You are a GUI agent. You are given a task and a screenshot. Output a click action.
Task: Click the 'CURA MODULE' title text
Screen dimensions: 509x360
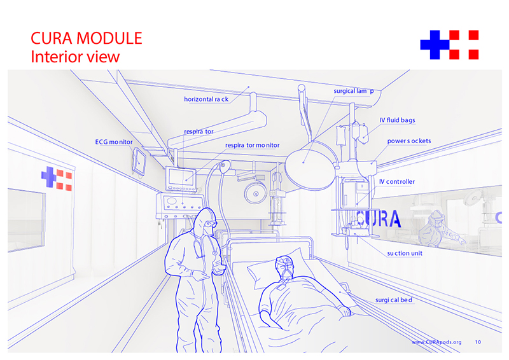87,38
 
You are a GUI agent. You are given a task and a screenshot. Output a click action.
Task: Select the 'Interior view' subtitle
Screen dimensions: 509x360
75,57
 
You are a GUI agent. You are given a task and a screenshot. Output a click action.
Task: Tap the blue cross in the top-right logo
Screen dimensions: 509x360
435,45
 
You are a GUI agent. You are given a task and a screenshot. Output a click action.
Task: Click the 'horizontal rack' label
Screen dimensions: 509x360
206,99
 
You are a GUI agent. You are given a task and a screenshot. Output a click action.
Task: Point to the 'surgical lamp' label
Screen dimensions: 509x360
354,91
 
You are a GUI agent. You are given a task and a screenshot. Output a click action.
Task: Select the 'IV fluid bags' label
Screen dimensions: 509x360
397,120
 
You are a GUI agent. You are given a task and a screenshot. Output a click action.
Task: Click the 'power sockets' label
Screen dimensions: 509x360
409,141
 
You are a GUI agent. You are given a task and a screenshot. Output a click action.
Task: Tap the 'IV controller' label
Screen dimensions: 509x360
397,182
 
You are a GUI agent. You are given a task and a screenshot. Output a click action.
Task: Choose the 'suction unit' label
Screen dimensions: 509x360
405,253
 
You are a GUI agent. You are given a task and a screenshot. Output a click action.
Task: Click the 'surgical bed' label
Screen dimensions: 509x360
394,300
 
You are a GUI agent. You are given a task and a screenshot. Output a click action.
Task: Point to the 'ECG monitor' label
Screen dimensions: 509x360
114,142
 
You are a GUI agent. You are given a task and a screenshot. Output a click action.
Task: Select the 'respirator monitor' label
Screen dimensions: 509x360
252,146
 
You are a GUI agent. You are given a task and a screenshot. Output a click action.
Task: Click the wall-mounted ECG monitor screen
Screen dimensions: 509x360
139,161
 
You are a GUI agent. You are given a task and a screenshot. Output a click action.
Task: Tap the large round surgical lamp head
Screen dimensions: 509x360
310,169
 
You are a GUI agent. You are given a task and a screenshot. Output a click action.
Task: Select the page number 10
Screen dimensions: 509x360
478,342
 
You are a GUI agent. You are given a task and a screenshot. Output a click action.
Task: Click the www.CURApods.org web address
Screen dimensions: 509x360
436,342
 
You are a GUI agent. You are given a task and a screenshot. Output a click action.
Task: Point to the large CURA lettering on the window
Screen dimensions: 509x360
379,218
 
